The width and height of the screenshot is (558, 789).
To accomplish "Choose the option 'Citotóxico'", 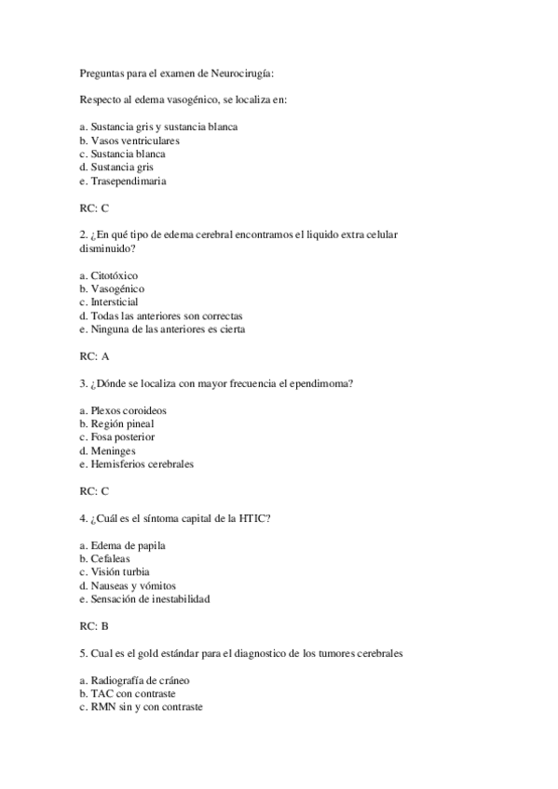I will click(114, 276).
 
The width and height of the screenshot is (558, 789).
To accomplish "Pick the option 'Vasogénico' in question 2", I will click(116, 289).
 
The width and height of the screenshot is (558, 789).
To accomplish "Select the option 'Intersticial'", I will click(115, 302).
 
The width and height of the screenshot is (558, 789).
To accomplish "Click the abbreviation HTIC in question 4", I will click(254, 517).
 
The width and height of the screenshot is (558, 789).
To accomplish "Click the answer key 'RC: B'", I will click(95, 626).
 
